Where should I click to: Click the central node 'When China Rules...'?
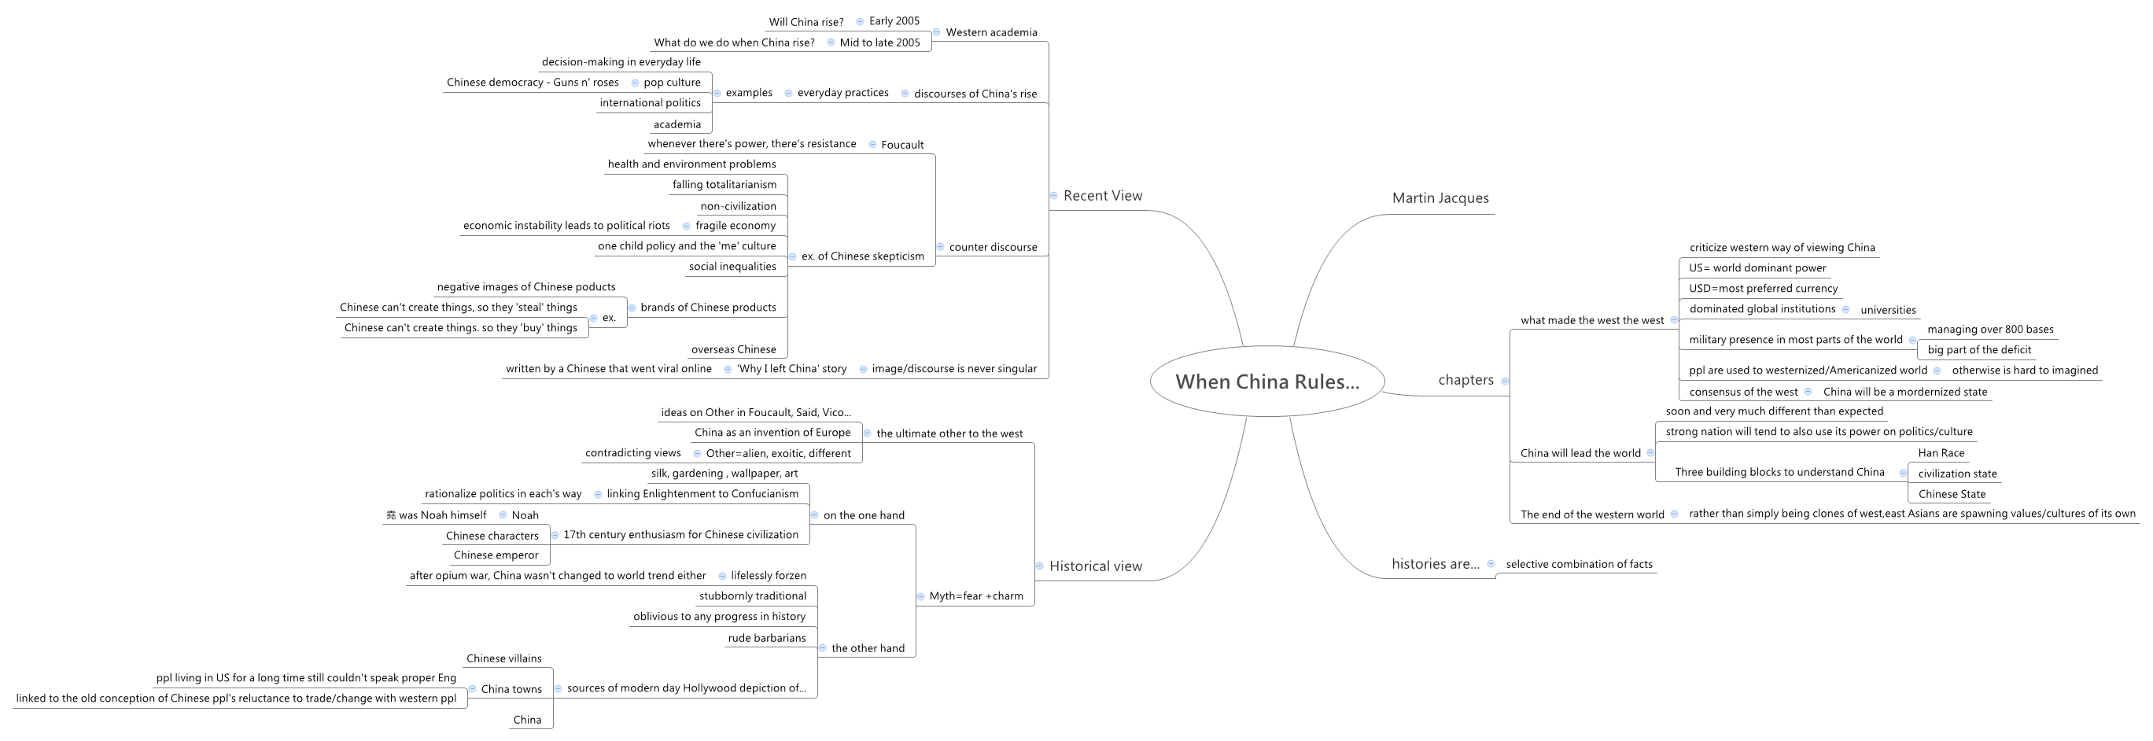1267,382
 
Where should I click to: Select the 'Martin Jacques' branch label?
1440,198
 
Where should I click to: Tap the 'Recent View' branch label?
1102,196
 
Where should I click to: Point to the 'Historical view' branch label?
1095,566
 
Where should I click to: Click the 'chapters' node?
1465,380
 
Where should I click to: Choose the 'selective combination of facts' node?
1579,564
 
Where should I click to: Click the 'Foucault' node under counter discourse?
901,145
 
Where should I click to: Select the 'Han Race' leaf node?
1941,453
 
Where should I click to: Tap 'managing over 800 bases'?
1990,329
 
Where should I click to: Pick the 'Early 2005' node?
894,21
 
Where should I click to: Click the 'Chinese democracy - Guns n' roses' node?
533,82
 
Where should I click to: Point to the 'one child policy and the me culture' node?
686,245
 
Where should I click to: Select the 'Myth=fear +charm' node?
975,595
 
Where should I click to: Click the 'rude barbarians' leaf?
766,637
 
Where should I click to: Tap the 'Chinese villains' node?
503,658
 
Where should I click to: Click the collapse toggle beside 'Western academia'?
937,31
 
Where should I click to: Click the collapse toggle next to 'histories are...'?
1490,564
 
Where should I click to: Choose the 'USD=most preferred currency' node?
1763,288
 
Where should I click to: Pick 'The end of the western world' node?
1592,514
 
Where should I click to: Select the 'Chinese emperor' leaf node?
496,555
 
